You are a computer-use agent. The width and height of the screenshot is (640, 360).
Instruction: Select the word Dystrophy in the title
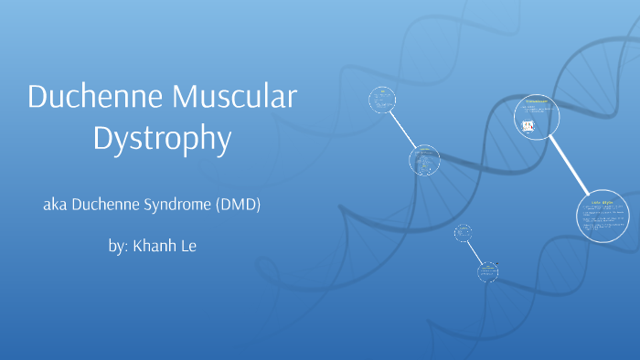(161, 138)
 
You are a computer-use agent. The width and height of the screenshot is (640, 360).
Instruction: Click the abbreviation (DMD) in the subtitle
(239, 205)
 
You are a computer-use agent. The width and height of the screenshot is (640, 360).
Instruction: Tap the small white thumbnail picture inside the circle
(528, 126)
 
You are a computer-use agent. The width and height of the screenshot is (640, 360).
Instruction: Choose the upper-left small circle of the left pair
(381, 100)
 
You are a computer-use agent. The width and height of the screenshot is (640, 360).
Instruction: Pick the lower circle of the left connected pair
(424, 162)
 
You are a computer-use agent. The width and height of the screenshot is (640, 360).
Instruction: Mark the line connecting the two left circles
(403, 131)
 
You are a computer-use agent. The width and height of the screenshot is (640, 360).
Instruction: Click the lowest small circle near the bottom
(487, 271)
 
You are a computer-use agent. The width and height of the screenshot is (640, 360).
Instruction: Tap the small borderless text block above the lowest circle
(464, 232)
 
